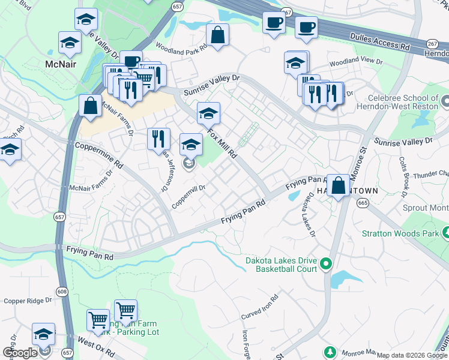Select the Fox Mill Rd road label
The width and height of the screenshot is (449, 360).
221,142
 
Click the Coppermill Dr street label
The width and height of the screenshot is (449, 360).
188,196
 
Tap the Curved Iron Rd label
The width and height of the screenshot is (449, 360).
261,307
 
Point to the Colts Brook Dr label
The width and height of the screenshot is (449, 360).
403,176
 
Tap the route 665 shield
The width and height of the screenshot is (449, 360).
362,203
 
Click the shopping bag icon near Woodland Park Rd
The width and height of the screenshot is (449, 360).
217,34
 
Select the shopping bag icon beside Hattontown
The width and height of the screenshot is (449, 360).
338,185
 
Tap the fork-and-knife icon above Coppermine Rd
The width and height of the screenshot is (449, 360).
158,139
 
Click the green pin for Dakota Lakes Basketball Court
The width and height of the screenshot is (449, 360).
326,263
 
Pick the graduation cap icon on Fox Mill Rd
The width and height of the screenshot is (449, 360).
208,113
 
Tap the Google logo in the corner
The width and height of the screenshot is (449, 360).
20,353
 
